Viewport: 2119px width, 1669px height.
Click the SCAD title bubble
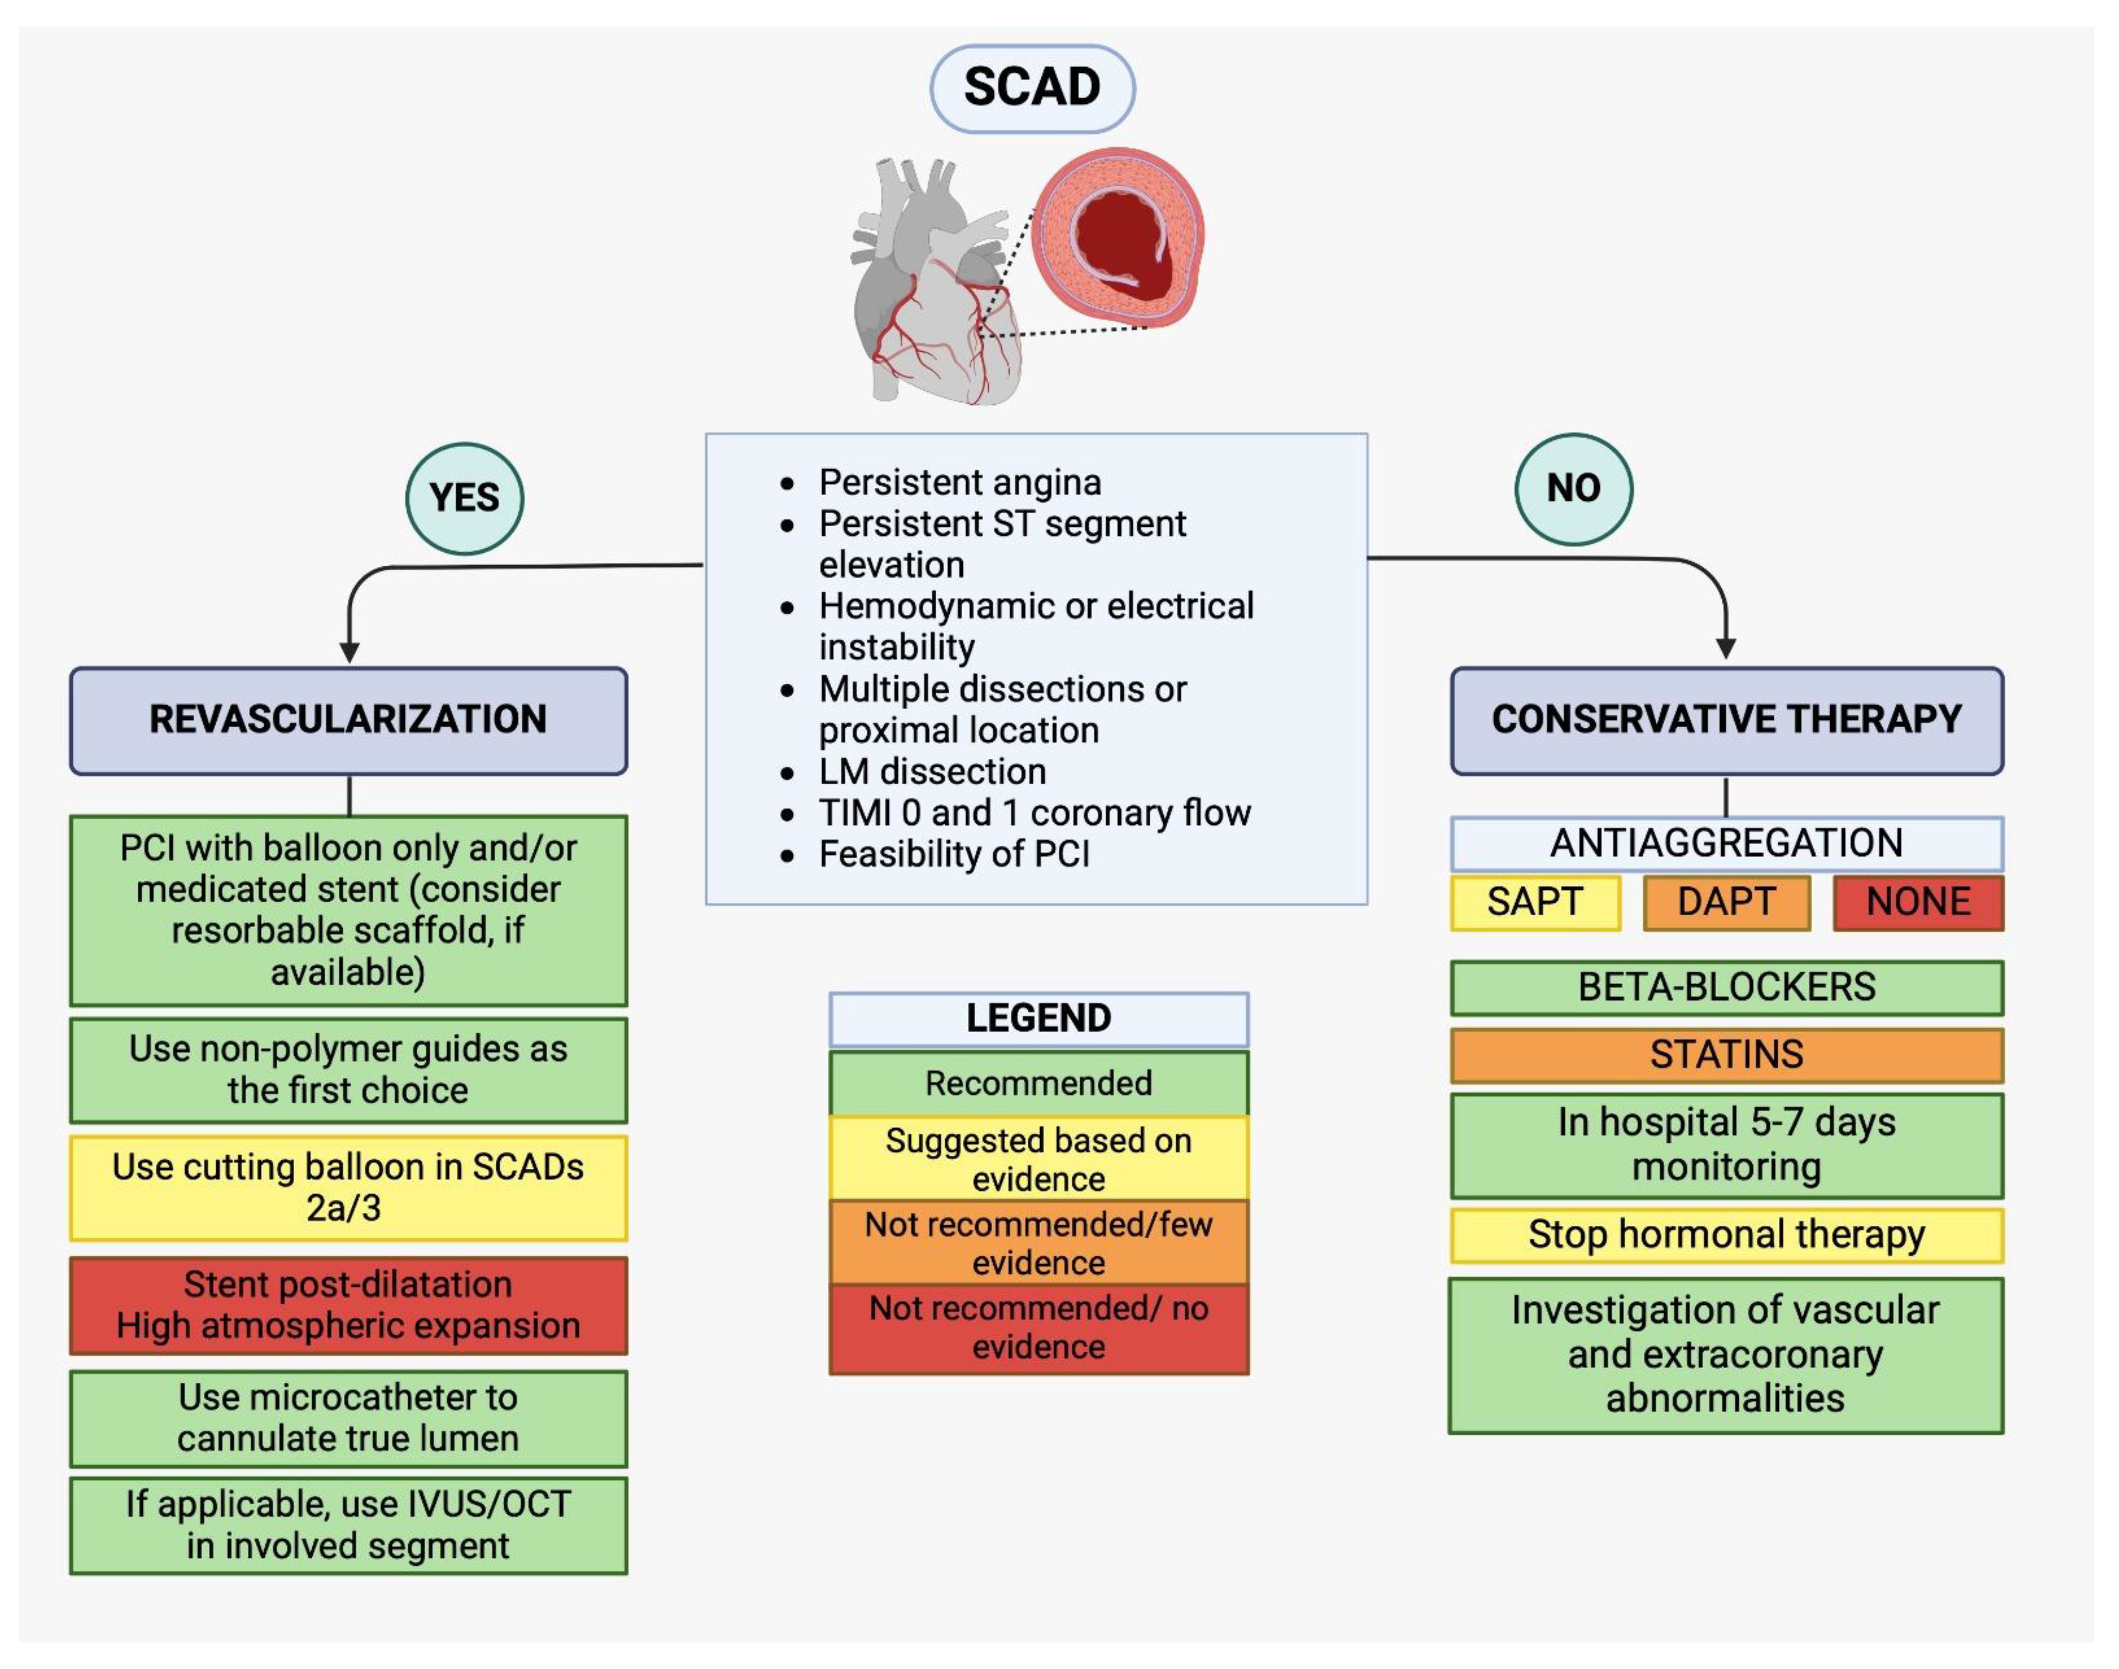(x=1032, y=88)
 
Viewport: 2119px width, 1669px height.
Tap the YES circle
(x=464, y=498)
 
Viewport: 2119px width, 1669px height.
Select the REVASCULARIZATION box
(x=348, y=720)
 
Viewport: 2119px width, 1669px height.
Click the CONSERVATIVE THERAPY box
(x=1726, y=720)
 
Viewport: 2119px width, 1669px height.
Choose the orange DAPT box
(x=1726, y=902)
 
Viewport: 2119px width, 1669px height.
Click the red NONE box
(x=1918, y=902)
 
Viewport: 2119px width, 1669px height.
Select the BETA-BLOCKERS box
(x=1726, y=987)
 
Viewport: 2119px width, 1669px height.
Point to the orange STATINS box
(x=1726, y=1054)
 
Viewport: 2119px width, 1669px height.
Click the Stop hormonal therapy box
(x=1726, y=1235)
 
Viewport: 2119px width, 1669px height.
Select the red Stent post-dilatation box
(x=348, y=1306)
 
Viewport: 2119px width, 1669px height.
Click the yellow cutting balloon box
(x=348, y=1187)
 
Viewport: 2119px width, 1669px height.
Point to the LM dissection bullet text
(x=932, y=772)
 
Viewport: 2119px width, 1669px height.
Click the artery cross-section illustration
(x=1119, y=237)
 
